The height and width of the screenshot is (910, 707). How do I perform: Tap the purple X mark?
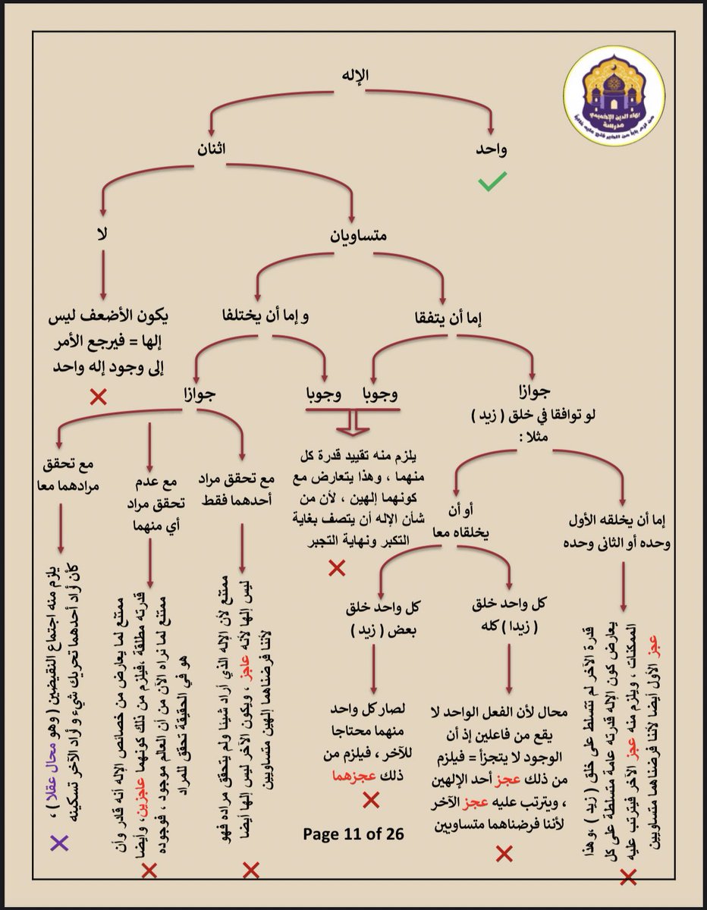pyautogui.click(x=58, y=842)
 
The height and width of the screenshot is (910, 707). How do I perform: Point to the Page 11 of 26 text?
pyautogui.click(x=353, y=833)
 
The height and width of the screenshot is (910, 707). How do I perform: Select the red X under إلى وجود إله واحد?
pyautogui.click(x=98, y=397)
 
